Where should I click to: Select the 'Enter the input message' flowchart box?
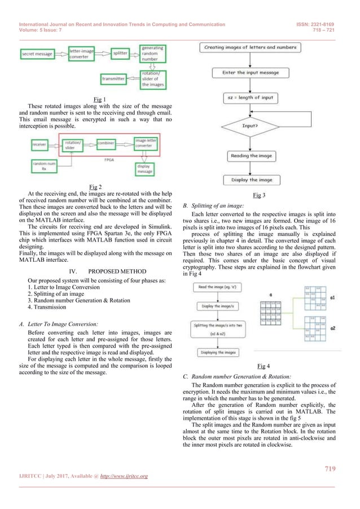coord(252,73)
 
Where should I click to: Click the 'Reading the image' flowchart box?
coord(252,156)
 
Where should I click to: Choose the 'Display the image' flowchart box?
coord(252,180)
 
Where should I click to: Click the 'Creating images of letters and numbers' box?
coord(252,47)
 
